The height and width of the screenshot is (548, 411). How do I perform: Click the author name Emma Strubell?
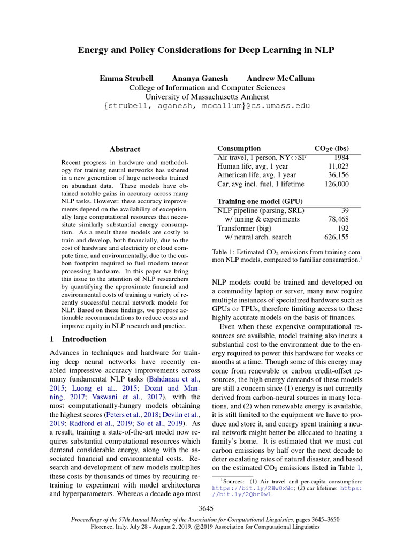pos(126,78)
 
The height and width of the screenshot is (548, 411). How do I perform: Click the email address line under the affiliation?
pos(207,106)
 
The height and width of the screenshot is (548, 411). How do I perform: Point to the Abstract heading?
pos(125,149)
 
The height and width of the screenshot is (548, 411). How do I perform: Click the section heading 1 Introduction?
pos(78,339)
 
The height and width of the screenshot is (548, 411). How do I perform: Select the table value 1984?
pos(340,158)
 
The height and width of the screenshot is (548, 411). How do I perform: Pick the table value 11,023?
pos(338,166)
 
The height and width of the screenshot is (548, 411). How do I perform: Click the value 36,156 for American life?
pos(338,175)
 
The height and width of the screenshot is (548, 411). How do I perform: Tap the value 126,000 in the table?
pos(336,184)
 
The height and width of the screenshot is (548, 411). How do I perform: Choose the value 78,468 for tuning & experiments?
pos(338,219)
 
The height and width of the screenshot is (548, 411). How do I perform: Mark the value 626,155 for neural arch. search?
pos(336,237)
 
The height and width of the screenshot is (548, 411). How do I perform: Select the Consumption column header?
pos(239,148)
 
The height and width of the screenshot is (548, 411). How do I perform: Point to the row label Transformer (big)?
pos(243,228)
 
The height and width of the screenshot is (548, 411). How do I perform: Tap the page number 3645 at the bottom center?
pos(206,508)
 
